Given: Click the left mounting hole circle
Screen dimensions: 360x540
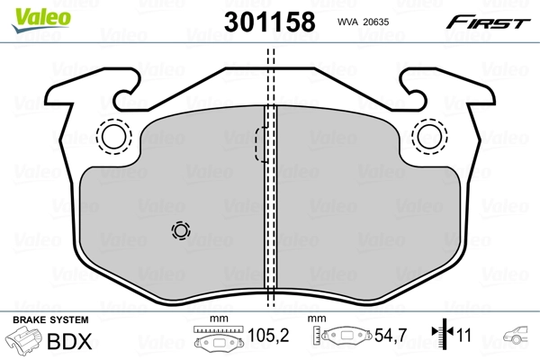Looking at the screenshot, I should click(x=114, y=136).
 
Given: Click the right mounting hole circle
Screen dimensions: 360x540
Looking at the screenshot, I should click(x=429, y=136).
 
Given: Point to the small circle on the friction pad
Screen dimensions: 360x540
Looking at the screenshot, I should click(x=182, y=231).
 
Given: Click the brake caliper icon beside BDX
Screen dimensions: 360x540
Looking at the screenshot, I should click(x=26, y=342).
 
